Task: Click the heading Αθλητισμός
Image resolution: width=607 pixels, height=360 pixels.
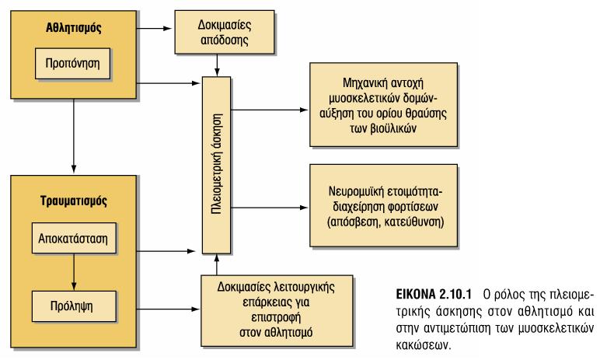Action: (x=74, y=28)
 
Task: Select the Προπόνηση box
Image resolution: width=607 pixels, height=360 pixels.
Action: (x=73, y=64)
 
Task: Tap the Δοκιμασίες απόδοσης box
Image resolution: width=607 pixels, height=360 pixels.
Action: (x=225, y=32)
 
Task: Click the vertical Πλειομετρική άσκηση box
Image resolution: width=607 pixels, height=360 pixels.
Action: (x=216, y=165)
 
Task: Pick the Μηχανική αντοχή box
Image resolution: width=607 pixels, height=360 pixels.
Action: (x=384, y=104)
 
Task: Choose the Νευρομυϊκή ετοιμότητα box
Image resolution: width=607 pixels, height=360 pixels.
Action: (x=384, y=205)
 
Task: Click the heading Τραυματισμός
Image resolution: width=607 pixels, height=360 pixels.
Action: (x=74, y=201)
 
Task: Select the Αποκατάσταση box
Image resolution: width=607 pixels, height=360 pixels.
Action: (x=74, y=238)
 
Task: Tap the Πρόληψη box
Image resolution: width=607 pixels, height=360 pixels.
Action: (x=74, y=306)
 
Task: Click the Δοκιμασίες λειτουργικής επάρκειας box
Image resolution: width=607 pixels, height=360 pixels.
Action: (x=277, y=310)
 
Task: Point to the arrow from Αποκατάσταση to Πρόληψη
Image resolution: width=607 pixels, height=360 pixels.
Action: (x=74, y=272)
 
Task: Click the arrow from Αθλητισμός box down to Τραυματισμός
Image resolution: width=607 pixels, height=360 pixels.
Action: (x=74, y=135)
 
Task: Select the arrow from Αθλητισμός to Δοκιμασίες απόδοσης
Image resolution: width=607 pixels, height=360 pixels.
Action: (x=154, y=28)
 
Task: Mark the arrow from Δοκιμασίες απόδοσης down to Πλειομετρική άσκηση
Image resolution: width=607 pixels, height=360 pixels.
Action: (x=217, y=65)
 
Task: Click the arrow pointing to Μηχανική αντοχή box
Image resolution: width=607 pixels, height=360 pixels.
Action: (x=270, y=110)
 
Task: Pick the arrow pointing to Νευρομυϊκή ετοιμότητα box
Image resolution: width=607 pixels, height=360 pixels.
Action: (x=270, y=208)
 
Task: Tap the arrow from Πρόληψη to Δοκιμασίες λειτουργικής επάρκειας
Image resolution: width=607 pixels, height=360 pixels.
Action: (x=169, y=309)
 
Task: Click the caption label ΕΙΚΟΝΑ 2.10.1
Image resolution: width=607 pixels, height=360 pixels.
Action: (x=434, y=295)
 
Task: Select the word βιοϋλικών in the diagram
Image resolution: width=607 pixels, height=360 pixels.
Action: (x=393, y=128)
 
